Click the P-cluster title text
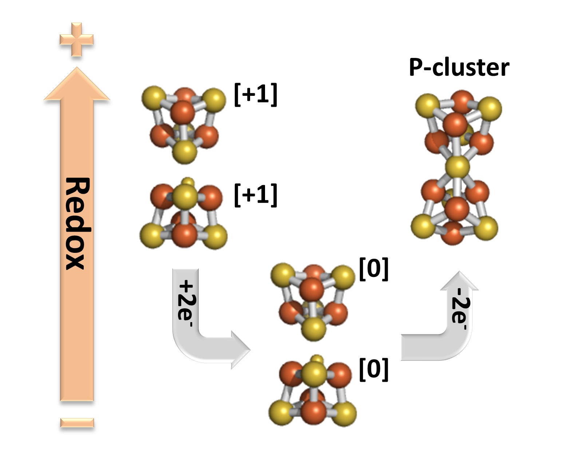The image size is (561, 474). pos(459,68)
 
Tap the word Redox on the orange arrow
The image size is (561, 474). pos(77,223)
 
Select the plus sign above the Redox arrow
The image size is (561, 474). pos(76,39)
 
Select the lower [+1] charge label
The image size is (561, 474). pos(256,195)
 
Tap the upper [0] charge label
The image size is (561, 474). pos(374,269)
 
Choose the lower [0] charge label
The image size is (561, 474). pos(374,369)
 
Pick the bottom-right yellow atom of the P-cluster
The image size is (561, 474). pos(486,227)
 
